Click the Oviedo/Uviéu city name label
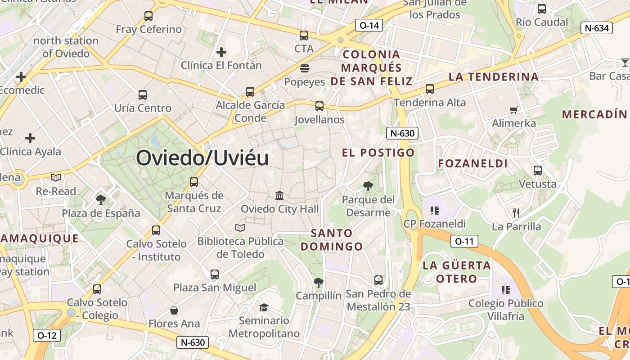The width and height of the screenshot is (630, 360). (x=202, y=158)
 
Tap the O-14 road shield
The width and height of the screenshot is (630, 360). (x=369, y=25)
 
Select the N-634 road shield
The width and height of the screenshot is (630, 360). (x=597, y=28)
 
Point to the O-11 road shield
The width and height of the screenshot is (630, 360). (x=464, y=241)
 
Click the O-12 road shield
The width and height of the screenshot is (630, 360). (x=46, y=335)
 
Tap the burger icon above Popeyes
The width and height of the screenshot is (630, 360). (x=305, y=69)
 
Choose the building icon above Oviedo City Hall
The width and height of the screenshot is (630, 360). (x=279, y=196)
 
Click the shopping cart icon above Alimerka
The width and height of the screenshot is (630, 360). (x=514, y=110)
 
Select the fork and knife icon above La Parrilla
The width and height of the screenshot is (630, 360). (x=516, y=213)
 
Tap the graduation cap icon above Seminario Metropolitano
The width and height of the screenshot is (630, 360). (x=264, y=307)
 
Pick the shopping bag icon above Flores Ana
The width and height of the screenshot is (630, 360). (x=174, y=310)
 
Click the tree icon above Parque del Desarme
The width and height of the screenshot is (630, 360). (x=368, y=186)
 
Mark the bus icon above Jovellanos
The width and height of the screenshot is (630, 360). (x=319, y=106)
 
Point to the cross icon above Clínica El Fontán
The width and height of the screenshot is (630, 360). (x=221, y=52)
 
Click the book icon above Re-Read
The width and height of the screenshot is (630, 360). (x=56, y=178)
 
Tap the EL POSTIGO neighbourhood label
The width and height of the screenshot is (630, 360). (x=378, y=153)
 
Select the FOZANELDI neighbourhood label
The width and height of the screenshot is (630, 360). (x=473, y=163)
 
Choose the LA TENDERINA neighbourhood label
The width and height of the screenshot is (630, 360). (x=494, y=76)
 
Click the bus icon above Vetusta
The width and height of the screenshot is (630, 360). (x=537, y=171)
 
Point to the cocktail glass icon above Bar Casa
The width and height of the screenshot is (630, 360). (x=625, y=62)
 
